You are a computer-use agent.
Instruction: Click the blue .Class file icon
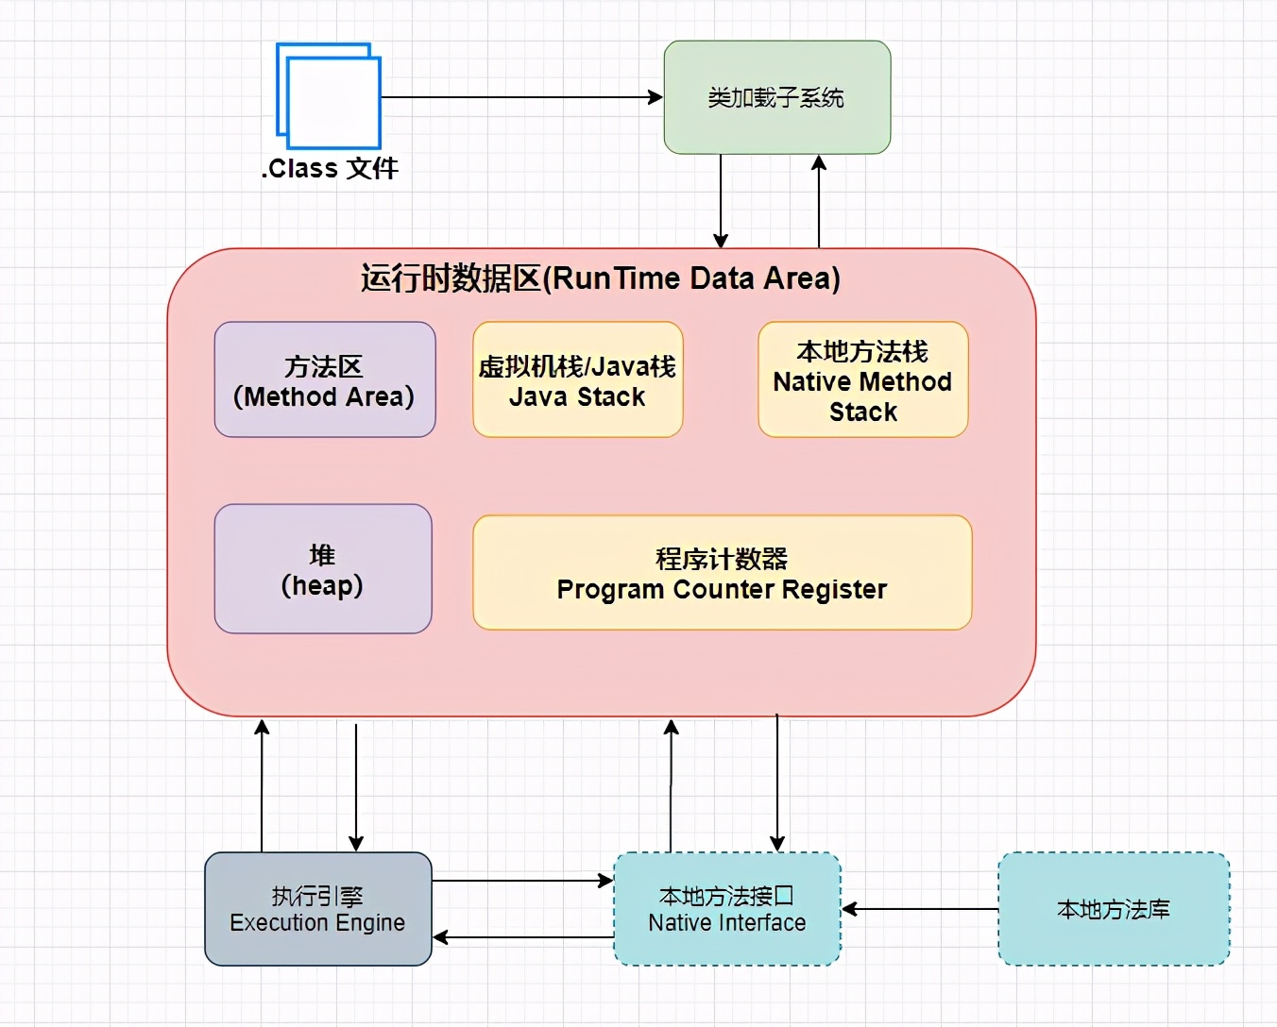point(329,96)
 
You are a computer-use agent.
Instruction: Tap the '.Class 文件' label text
point(330,169)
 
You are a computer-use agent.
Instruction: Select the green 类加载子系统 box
point(776,97)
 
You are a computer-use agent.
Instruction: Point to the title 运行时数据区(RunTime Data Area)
point(601,278)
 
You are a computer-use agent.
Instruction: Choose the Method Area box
point(324,380)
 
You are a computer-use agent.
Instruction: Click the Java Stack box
point(577,380)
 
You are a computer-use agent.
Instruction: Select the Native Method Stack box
point(862,380)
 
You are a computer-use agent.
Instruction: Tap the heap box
point(322,569)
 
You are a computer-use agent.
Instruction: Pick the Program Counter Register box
point(722,573)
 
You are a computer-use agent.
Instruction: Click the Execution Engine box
point(317,909)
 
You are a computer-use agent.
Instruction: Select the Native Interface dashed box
point(726,909)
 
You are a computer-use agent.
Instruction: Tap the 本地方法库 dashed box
point(1114,909)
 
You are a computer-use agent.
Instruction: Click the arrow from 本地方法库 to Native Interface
point(920,909)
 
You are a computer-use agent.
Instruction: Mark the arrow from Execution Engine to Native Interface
point(522,881)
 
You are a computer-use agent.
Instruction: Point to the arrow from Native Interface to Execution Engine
point(522,937)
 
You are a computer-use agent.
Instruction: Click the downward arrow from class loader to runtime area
point(721,200)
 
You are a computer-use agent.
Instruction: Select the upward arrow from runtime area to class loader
point(819,200)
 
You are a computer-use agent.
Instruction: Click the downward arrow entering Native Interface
point(777,783)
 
